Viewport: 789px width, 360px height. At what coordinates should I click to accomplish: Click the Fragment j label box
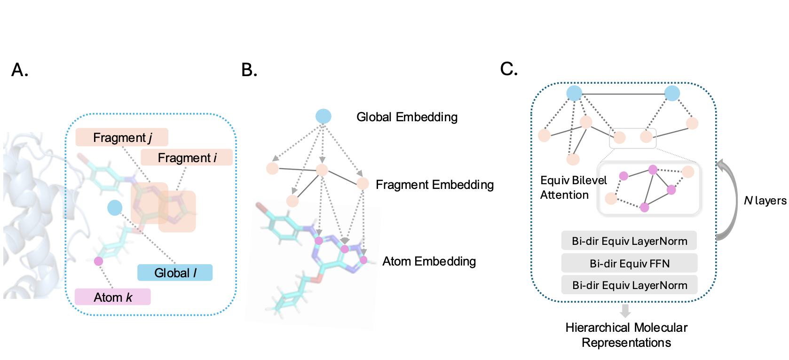coord(122,137)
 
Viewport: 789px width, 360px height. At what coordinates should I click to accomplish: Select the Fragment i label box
coord(187,157)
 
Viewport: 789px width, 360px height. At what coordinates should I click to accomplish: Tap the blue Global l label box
coord(175,273)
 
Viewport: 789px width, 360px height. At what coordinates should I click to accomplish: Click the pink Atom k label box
coord(112,297)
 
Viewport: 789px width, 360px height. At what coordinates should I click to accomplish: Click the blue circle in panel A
coord(115,207)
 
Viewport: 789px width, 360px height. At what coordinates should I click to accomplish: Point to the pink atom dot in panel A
coord(98,261)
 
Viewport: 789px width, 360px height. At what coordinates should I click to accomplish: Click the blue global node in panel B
coord(323,116)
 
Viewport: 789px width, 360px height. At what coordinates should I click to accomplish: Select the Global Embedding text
coord(407,117)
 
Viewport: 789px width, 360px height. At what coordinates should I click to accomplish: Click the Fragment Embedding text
coord(434,185)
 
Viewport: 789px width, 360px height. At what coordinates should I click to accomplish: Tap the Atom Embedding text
coord(429,261)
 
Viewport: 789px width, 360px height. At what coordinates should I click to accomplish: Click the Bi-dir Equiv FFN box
coord(629,263)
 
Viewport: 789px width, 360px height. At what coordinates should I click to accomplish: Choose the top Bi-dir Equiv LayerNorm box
coord(629,241)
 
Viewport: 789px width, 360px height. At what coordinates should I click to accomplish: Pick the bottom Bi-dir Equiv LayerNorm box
coord(629,285)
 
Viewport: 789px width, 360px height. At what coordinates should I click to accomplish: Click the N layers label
coord(765,201)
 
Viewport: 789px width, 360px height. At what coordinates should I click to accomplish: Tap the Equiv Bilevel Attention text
coord(573,188)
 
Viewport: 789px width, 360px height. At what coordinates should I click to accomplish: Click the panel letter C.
coord(509,70)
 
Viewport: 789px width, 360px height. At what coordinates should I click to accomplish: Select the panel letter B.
coord(249,70)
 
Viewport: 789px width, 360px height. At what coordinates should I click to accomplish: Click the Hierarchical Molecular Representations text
coord(626,335)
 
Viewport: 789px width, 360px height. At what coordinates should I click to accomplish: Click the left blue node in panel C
coord(574,93)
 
